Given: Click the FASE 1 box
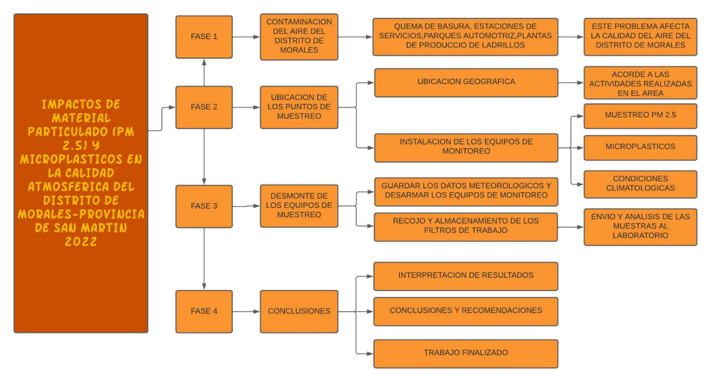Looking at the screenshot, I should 203,37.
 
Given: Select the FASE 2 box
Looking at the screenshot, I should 203,107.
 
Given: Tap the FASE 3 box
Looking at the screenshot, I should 203,206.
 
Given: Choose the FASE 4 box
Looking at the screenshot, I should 203,311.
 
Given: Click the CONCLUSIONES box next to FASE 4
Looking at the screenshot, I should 299,311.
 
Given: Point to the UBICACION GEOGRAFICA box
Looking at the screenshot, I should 466,82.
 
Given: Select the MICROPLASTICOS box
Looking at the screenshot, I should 640,147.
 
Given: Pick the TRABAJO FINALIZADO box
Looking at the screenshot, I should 466,354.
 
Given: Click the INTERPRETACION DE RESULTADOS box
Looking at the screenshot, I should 466,276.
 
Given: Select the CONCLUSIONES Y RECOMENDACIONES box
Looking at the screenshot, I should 466,311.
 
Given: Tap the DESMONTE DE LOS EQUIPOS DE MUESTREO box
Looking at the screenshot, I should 299,206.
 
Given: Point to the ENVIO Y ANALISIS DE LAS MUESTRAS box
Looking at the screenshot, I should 640,227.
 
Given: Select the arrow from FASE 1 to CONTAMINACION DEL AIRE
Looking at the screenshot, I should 246,37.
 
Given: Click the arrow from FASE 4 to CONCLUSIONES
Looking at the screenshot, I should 246,311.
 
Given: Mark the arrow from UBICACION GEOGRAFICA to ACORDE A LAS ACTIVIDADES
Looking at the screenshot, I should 570,83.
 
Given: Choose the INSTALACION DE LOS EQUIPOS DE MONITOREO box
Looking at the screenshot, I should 466,147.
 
